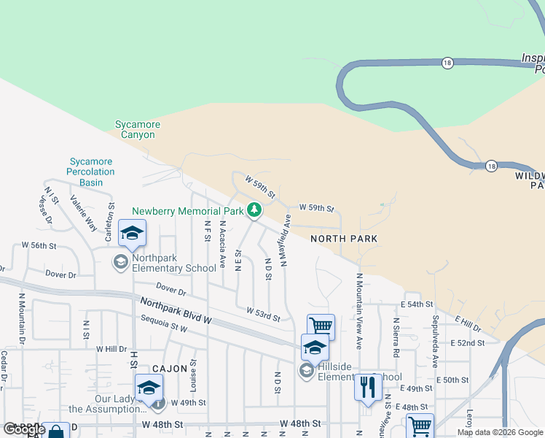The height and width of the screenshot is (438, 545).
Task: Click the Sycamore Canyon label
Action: click(138, 129)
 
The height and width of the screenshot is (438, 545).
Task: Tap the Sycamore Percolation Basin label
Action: click(92, 172)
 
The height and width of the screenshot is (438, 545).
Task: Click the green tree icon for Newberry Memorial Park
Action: click(254, 210)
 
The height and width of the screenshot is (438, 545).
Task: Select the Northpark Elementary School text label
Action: click(173, 268)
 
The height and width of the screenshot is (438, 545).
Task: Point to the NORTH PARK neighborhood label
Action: click(344, 239)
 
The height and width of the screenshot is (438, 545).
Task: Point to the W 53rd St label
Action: click(262, 315)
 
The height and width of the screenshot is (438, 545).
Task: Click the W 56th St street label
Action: click(39, 245)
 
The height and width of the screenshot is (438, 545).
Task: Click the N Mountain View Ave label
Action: click(358, 301)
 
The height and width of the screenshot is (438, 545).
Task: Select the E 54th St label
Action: click(417, 304)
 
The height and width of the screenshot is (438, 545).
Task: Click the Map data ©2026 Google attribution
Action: click(500, 432)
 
